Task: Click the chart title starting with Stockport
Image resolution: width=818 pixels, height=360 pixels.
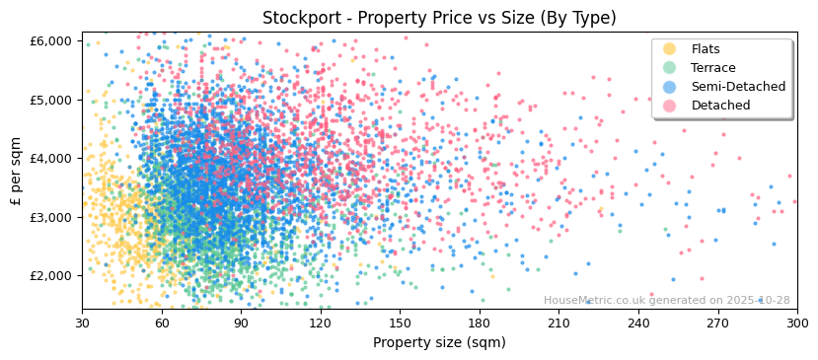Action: [x=439, y=18]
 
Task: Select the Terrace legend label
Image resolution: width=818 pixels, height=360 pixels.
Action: [x=713, y=68]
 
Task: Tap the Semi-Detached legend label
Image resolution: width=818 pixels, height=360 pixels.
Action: [x=738, y=87]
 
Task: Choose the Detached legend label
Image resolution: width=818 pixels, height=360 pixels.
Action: [x=720, y=106]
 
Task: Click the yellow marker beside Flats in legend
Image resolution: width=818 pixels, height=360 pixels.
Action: [x=670, y=49]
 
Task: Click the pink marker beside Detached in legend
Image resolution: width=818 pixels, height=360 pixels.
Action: [x=670, y=106]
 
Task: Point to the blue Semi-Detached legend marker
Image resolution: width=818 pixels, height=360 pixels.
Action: [x=670, y=87]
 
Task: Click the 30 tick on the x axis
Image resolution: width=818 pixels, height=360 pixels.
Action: [x=82, y=323]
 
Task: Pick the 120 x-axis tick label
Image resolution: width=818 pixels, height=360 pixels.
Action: [x=321, y=323]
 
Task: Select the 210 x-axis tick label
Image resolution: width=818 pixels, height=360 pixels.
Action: [x=558, y=323]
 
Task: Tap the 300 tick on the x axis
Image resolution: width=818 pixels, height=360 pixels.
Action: [x=797, y=323]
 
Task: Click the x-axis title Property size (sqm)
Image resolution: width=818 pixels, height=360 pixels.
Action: [x=439, y=343]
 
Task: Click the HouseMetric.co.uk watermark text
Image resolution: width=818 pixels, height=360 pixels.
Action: [x=666, y=301]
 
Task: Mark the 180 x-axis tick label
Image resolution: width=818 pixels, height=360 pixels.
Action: [x=480, y=323]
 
